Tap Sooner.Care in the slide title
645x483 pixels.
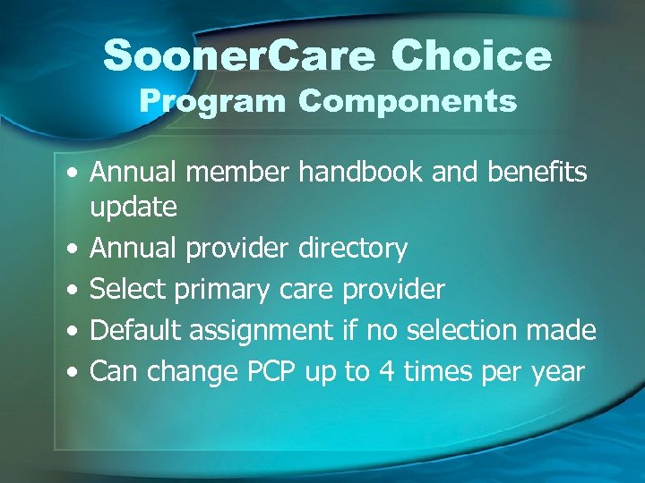click(x=237, y=56)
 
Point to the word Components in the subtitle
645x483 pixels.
click(x=408, y=101)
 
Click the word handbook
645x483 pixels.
click(x=361, y=172)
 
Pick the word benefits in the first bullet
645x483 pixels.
click(x=537, y=172)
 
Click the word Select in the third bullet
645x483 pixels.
click(x=130, y=289)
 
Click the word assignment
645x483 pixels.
click(x=262, y=331)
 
